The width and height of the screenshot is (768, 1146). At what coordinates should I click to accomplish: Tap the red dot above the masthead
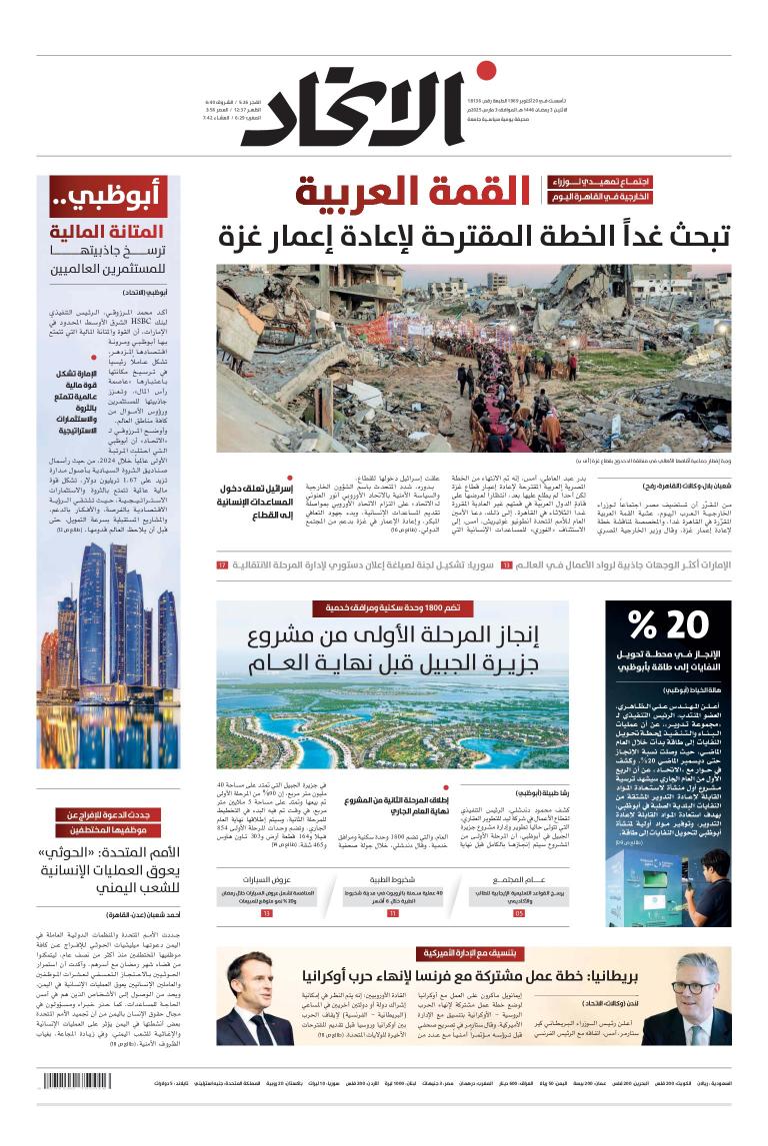[486, 70]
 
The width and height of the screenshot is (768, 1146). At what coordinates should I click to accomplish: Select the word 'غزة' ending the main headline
[242, 238]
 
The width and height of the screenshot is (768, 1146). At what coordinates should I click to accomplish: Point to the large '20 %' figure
[667, 625]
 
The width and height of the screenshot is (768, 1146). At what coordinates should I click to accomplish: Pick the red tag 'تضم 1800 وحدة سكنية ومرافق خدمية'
[392, 608]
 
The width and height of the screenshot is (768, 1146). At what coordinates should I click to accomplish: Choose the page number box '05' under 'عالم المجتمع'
[518, 913]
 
